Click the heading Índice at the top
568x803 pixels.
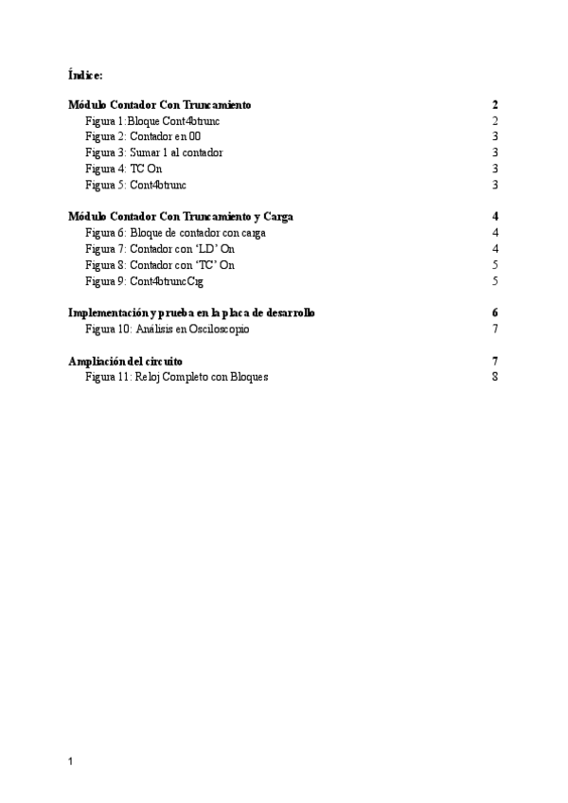pos(86,73)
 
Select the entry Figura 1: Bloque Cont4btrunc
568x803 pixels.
pos(152,121)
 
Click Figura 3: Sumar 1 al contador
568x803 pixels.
pos(154,152)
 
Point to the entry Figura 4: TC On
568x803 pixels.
pos(123,169)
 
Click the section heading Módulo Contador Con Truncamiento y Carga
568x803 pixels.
pos(181,217)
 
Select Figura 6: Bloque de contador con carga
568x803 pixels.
pos(175,233)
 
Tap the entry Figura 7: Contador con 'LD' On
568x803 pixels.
pos(159,249)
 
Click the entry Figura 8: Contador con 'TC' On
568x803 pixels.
pos(159,265)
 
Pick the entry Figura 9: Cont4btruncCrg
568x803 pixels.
pos(144,281)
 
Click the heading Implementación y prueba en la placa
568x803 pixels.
pos(191,312)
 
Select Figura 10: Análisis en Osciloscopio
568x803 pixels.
pos(168,329)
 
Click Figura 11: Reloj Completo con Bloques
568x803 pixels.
pos(177,377)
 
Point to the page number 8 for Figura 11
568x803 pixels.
pos(494,377)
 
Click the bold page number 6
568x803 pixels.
pos(494,312)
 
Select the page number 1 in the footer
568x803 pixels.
pos(72,761)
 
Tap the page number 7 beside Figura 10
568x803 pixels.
pos(494,329)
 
